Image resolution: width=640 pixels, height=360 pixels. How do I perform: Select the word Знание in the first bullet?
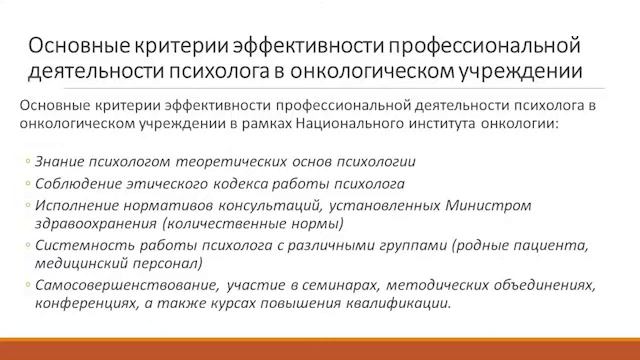(x=57, y=161)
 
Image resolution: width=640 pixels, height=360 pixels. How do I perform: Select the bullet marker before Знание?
(x=26, y=162)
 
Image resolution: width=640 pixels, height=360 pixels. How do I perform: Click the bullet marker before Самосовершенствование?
(x=26, y=286)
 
